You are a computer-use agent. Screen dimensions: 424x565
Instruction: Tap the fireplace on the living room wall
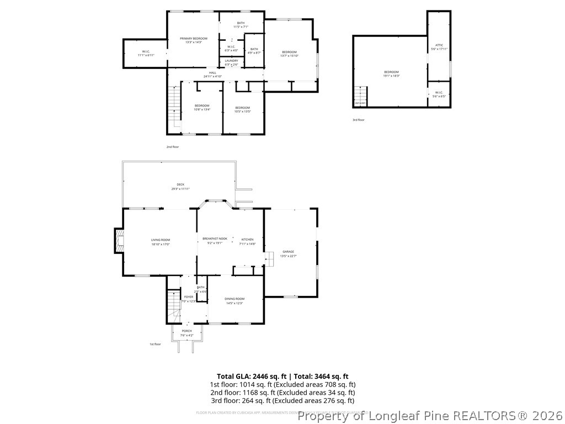coord(119,241)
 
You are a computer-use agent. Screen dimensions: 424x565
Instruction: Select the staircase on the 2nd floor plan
coord(174,105)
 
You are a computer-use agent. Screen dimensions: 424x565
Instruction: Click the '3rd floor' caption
coord(359,120)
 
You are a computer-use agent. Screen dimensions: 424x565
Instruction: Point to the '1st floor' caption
coord(155,344)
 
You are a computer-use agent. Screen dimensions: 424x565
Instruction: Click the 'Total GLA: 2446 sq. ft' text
coord(251,376)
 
